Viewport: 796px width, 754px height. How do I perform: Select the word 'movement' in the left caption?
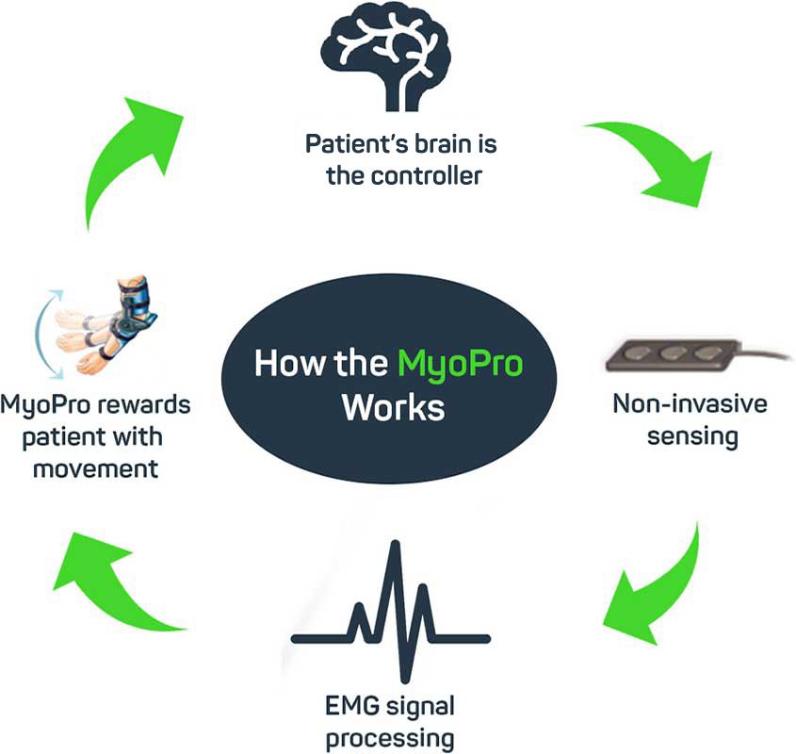point(95,467)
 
